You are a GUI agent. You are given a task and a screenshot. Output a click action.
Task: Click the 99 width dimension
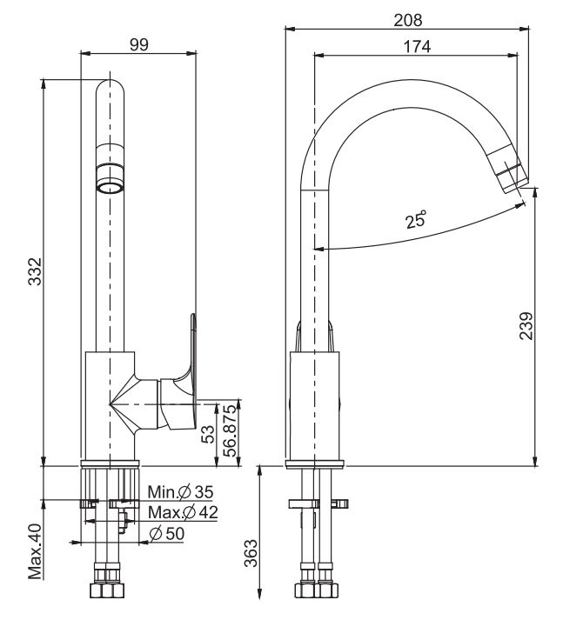(x=137, y=46)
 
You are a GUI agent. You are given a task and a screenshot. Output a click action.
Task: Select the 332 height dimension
(x=34, y=274)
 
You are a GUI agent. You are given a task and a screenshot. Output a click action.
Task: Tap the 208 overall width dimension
(x=407, y=19)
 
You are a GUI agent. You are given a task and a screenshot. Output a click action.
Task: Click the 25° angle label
(x=417, y=219)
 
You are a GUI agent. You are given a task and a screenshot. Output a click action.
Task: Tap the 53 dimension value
(x=208, y=435)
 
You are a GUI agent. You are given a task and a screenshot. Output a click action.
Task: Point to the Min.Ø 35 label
(x=180, y=493)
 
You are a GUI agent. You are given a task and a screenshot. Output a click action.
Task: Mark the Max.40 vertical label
(x=35, y=549)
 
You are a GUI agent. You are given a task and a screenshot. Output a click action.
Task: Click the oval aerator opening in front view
(x=110, y=186)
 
